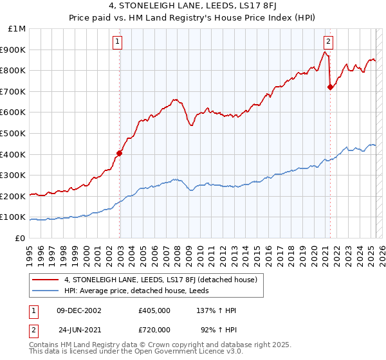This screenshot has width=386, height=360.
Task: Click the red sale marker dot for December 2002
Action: tap(120, 153)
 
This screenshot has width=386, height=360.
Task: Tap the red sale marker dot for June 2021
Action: tap(330, 87)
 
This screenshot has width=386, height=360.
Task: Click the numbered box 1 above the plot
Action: tap(118, 42)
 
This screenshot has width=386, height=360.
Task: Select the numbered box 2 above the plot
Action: tap(328, 42)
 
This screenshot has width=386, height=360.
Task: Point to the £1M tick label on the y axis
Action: tap(17, 29)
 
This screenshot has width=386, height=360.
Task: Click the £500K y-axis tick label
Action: tap(14, 134)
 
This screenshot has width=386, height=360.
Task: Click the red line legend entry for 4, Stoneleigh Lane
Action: tap(161, 280)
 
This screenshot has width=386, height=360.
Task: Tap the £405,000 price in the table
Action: tap(154, 310)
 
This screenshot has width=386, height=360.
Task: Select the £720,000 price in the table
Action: tap(154, 329)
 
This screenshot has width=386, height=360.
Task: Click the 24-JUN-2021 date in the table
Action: tap(79, 329)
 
